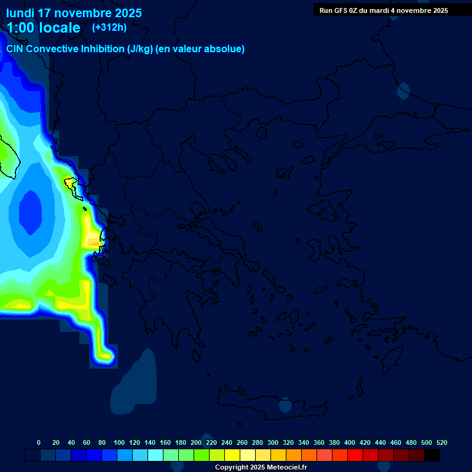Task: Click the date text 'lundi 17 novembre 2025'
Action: point(74,13)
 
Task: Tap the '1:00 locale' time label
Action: point(43,28)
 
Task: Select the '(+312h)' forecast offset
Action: point(109,27)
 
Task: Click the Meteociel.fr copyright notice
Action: point(261,467)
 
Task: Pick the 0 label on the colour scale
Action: point(39,442)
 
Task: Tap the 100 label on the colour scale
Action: point(119,442)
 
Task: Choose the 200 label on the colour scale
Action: point(196,442)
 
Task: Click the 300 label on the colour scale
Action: point(273,442)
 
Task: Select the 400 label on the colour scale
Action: point(350,442)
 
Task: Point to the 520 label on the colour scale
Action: point(441,442)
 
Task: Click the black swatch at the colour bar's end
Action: point(432,455)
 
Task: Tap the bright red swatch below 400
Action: point(355,455)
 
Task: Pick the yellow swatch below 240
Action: point(232,455)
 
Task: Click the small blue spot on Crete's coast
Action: point(285,405)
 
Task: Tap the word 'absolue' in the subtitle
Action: point(227,49)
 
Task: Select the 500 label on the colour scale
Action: point(427,442)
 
